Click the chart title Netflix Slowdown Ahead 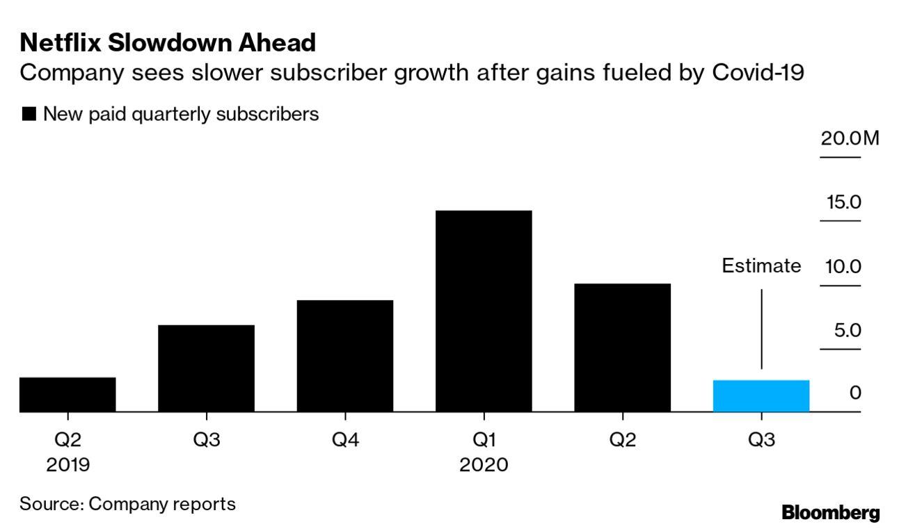click(x=168, y=43)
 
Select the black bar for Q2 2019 click(x=67, y=395)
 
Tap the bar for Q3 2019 click(x=206, y=368)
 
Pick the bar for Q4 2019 click(x=344, y=356)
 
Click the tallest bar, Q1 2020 click(x=484, y=311)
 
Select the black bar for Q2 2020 click(x=622, y=348)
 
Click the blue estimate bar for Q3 click(x=761, y=396)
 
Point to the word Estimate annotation click(x=761, y=266)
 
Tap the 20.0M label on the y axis click(x=850, y=138)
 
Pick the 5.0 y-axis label click(x=848, y=330)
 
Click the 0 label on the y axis click(x=855, y=393)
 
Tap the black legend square click(x=29, y=115)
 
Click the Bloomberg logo click(x=831, y=514)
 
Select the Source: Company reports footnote click(x=127, y=504)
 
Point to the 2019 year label click(x=68, y=464)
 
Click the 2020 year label click(x=484, y=464)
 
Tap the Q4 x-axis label click(x=344, y=440)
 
